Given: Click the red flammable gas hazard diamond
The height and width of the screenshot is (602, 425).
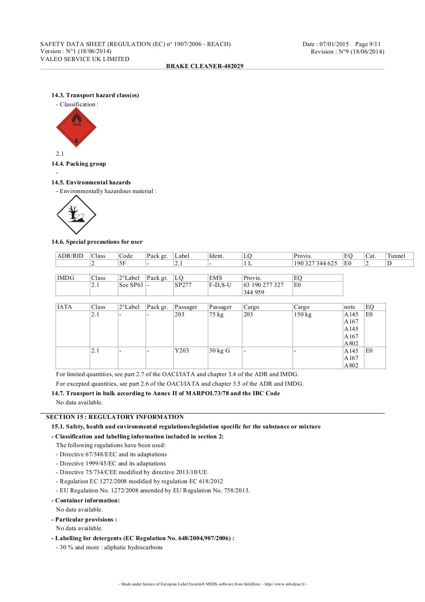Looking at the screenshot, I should [x=76, y=127].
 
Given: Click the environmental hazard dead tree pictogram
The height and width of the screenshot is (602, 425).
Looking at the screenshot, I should [x=76, y=215].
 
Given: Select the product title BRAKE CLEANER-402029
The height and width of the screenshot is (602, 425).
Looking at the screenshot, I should [x=205, y=66].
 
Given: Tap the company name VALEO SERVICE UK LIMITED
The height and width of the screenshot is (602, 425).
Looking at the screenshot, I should [x=85, y=59].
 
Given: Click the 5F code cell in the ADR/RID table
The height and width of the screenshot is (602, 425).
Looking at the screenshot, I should [x=123, y=263].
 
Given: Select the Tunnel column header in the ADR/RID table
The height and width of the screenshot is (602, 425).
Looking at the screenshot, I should [x=396, y=256].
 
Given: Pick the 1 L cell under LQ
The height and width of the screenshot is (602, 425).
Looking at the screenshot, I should [x=248, y=263].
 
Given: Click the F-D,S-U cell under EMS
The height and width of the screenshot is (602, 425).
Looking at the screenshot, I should [x=220, y=285].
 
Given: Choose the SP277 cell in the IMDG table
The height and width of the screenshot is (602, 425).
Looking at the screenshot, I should [x=183, y=285].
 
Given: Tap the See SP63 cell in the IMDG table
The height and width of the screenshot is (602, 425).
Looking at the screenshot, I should [x=131, y=285].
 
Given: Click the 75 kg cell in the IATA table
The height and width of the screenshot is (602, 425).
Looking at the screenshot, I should [x=216, y=314].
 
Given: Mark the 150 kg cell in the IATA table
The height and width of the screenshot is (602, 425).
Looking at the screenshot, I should [x=303, y=314].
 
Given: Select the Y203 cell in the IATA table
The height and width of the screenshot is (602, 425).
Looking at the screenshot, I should [x=182, y=350].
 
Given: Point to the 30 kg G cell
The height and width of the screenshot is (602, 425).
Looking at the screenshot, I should [x=220, y=350].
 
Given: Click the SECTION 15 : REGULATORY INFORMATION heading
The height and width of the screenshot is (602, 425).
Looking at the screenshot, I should [x=115, y=417].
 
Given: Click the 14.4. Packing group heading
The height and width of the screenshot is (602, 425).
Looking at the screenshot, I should [x=78, y=164].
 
